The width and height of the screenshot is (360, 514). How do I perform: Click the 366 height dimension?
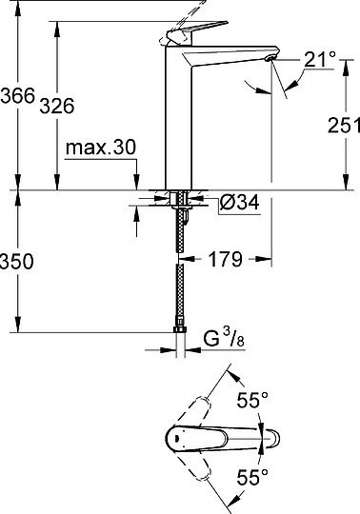coord(17,96)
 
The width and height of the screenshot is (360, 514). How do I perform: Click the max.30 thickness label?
coord(102,148)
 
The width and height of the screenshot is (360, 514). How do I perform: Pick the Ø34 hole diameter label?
coord(239,203)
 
